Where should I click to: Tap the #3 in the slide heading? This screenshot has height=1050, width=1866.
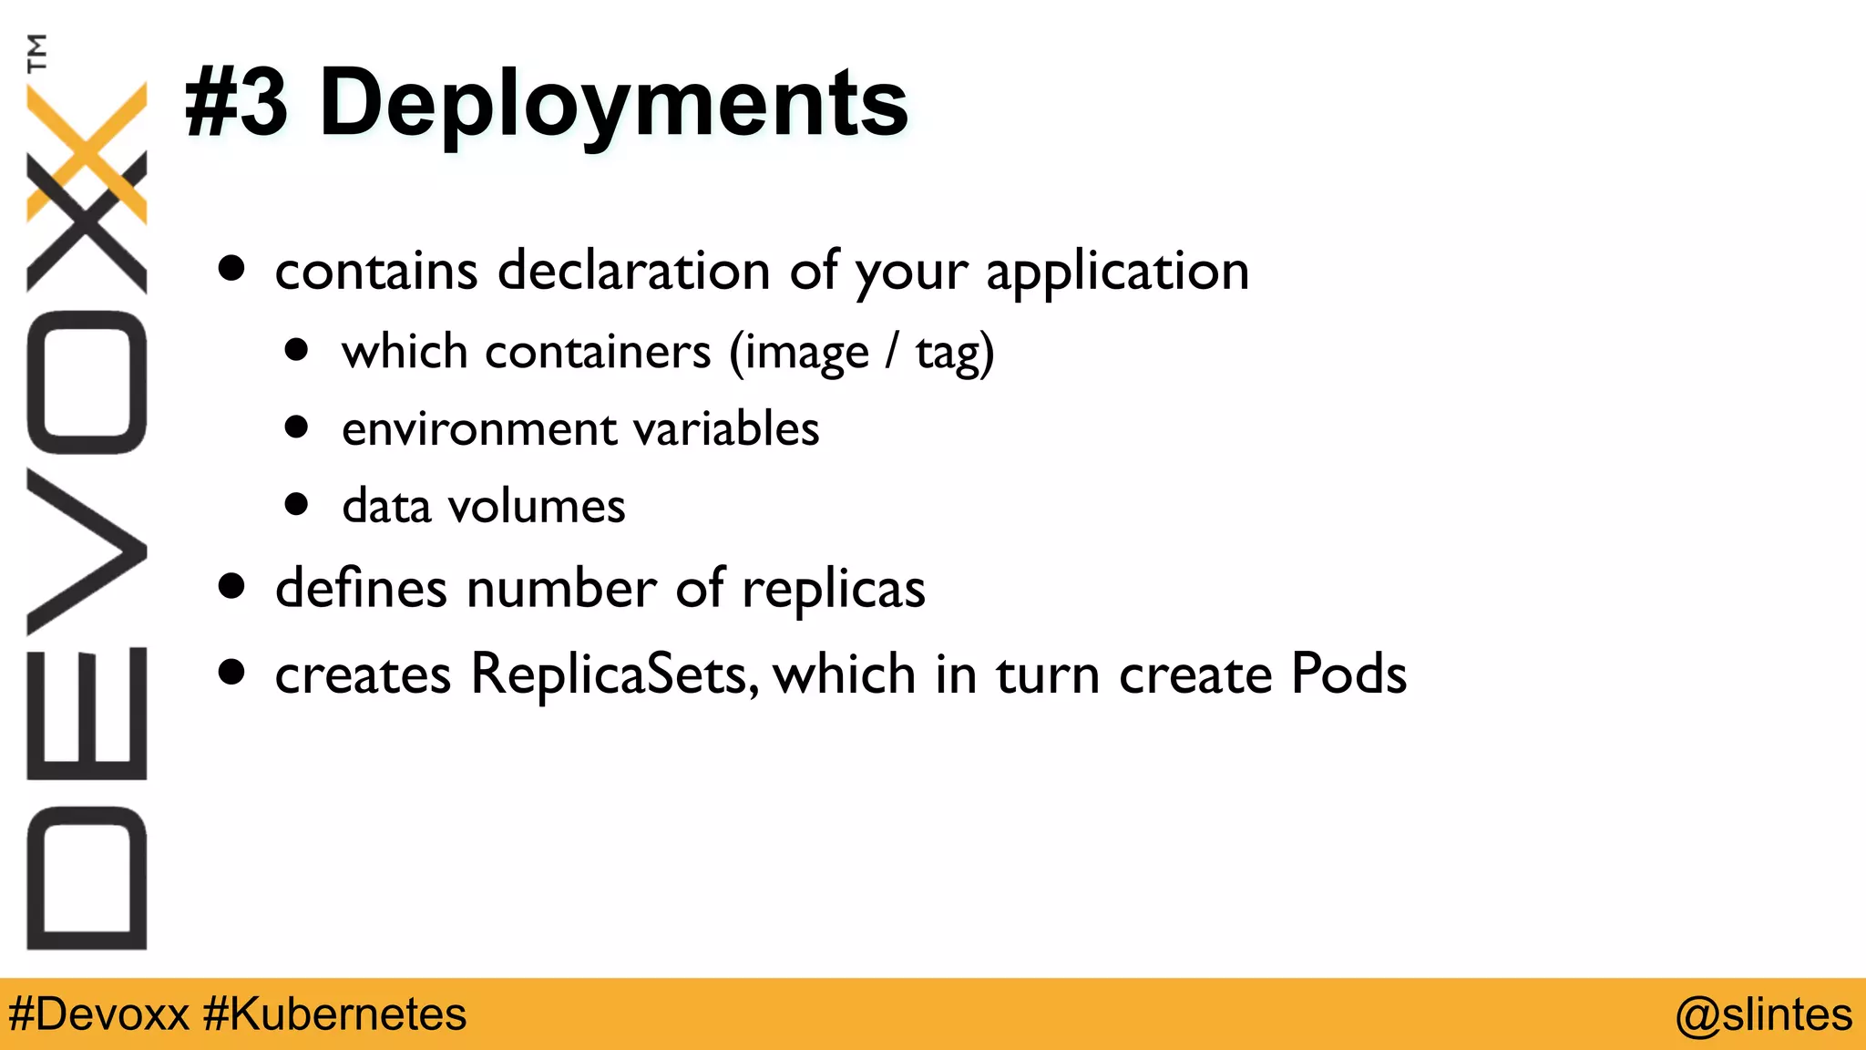[x=236, y=105]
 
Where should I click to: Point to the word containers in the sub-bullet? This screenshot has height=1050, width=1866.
[x=597, y=352]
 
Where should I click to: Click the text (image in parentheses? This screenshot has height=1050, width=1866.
[x=798, y=354]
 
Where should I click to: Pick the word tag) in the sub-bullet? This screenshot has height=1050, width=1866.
[x=954, y=354]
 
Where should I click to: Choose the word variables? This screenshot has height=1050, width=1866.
[x=726, y=428]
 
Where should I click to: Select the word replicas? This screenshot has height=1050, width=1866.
[x=833, y=590]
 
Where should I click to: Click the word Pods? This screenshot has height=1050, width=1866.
[x=1348, y=674]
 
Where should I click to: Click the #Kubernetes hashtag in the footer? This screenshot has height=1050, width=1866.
[x=334, y=1014]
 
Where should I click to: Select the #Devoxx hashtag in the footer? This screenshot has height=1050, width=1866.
[x=98, y=1014]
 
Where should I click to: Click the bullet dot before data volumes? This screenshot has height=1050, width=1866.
[x=296, y=504]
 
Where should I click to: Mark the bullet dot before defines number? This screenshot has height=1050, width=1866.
[x=232, y=587]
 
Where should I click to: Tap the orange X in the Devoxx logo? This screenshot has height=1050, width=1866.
[x=87, y=150]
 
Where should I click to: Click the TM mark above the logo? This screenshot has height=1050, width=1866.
[x=36, y=53]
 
